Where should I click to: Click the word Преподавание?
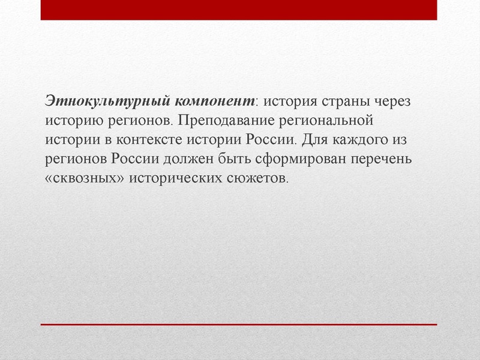(226, 121)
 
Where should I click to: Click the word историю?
(72, 121)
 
